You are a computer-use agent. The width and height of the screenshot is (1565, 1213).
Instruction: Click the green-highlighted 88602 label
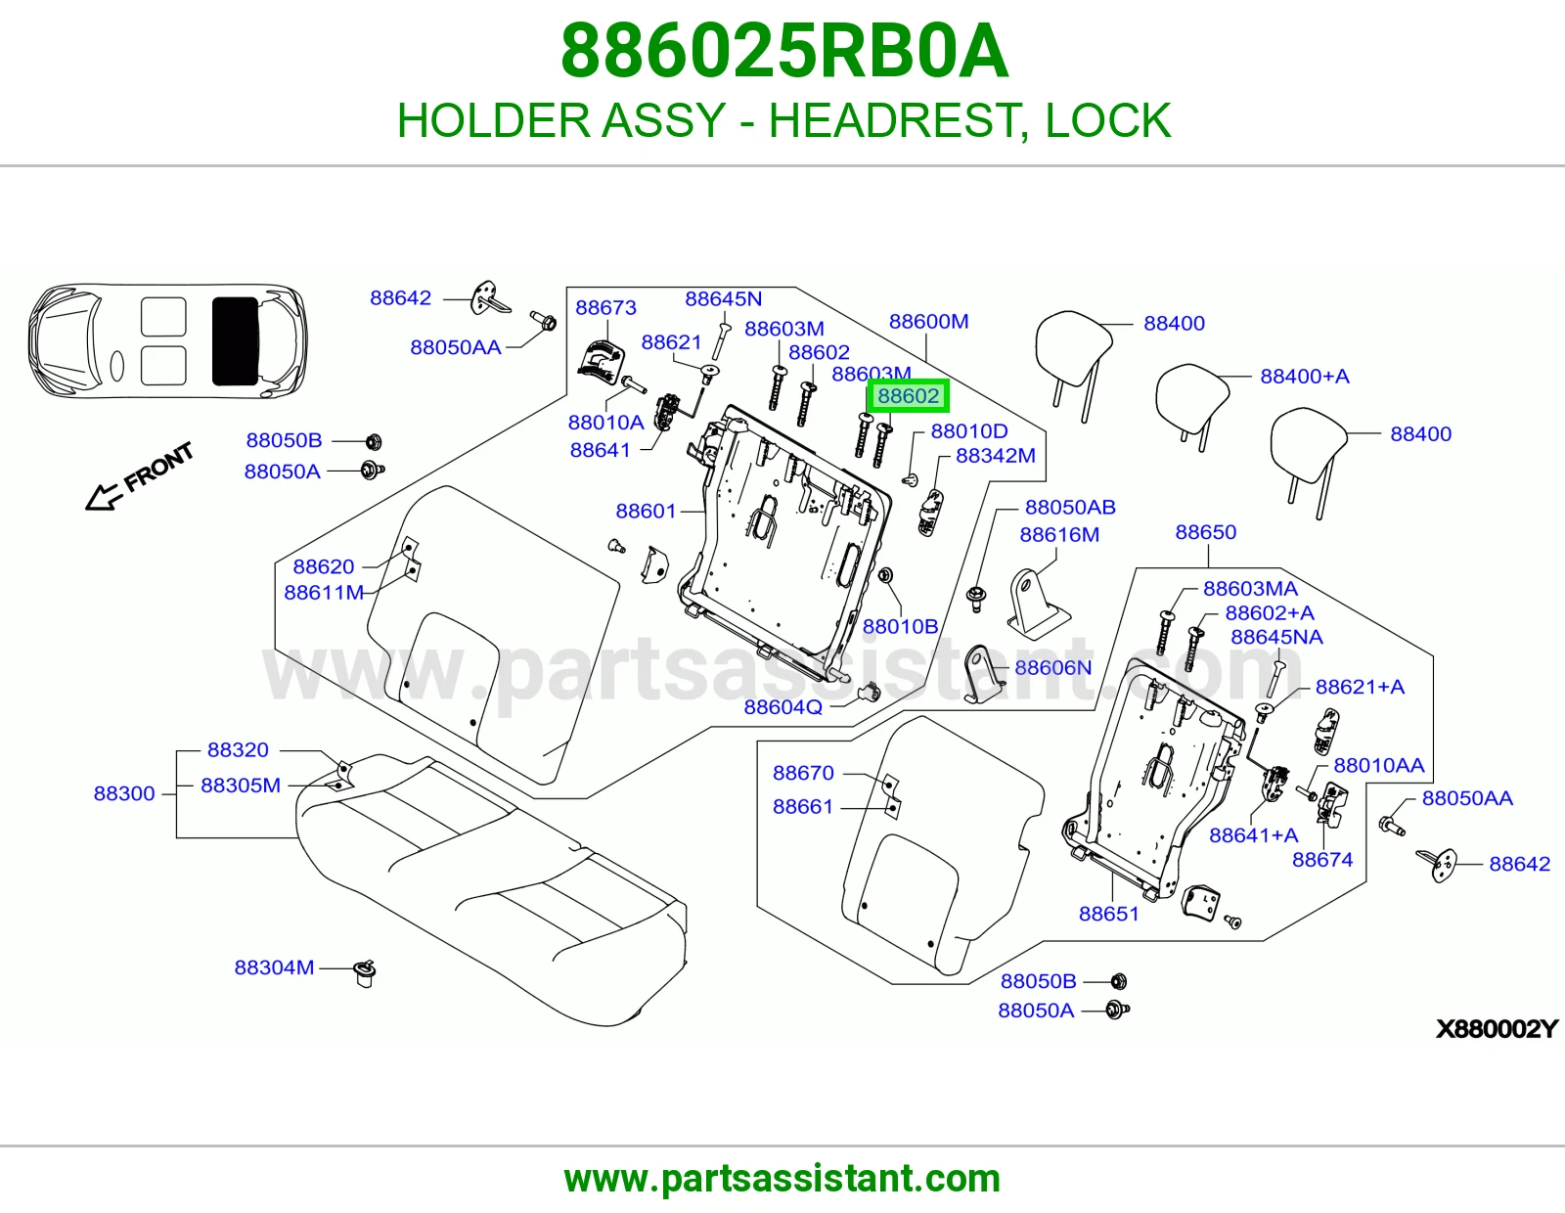(x=908, y=395)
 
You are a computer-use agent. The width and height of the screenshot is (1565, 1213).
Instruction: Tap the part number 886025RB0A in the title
(x=784, y=51)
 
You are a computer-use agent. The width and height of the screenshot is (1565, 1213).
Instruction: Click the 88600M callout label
(x=928, y=321)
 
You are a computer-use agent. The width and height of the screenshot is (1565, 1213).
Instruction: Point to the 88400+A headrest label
(x=1304, y=376)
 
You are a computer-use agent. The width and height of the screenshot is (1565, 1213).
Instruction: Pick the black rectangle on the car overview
(x=235, y=341)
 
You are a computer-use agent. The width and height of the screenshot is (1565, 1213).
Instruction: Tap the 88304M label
(x=275, y=967)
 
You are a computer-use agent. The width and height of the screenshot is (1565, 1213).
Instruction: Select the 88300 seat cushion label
(x=124, y=793)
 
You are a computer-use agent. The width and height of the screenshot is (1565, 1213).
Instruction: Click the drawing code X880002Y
(x=1497, y=1028)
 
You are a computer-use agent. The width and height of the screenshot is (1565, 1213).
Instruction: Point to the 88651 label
(x=1108, y=914)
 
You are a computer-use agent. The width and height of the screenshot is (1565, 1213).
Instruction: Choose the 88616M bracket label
(x=1059, y=534)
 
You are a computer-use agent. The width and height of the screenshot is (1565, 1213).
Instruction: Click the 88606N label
(x=1052, y=668)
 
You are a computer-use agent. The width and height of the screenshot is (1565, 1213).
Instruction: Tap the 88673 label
(x=605, y=307)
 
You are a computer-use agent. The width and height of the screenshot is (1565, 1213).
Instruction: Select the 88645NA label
(x=1276, y=637)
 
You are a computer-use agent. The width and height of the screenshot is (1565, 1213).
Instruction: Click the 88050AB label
(x=1070, y=507)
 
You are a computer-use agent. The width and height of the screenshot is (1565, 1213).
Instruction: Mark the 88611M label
(x=324, y=593)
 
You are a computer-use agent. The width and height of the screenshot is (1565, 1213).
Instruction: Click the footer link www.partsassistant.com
(x=782, y=1179)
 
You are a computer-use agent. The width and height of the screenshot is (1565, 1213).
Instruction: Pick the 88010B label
(x=900, y=627)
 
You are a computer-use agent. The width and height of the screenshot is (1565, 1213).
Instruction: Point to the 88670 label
(x=803, y=773)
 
